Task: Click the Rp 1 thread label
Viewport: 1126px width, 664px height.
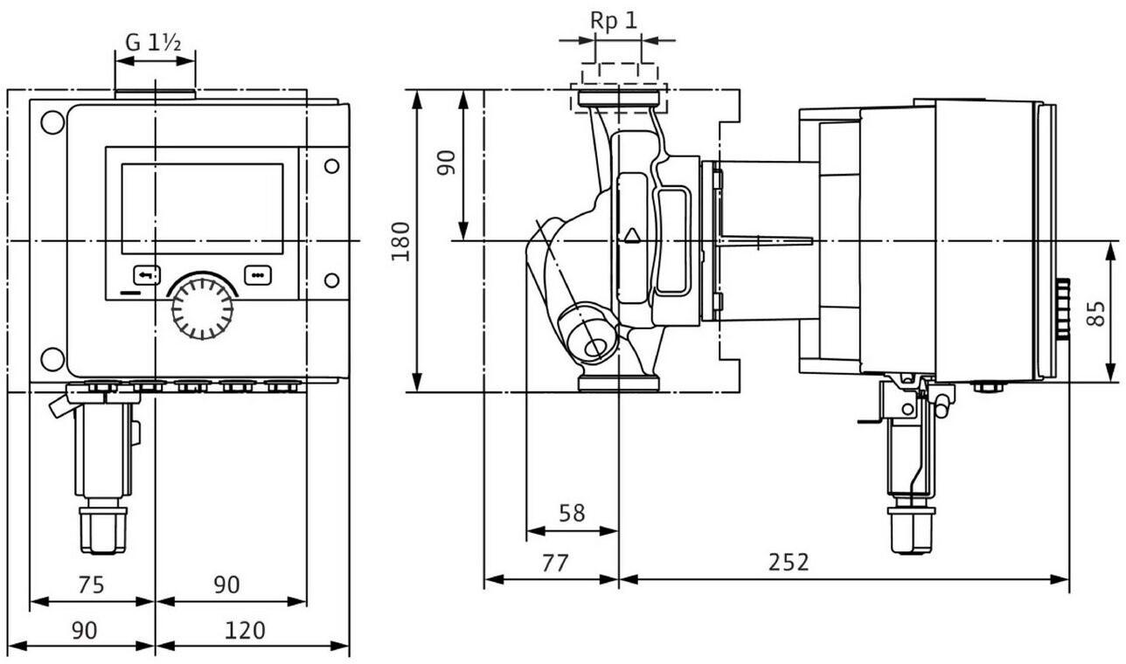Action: pyautogui.click(x=614, y=21)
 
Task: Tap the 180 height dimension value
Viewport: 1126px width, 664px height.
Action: pyautogui.click(x=401, y=240)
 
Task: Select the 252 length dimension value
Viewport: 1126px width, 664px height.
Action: pyautogui.click(x=789, y=562)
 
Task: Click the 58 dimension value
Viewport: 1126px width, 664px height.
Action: pyautogui.click(x=572, y=513)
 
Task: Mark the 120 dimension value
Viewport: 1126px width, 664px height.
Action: pyautogui.click(x=245, y=629)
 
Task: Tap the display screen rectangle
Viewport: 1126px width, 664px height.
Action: pyautogui.click(x=202, y=208)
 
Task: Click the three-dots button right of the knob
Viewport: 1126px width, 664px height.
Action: pyautogui.click(x=258, y=274)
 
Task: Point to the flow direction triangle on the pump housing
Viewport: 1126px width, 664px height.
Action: pyautogui.click(x=631, y=234)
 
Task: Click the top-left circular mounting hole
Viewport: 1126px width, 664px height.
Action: pyautogui.click(x=52, y=122)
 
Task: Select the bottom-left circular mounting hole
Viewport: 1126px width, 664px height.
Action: pyautogui.click(x=52, y=358)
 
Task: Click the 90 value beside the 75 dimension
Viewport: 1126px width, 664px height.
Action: pyautogui.click(x=226, y=584)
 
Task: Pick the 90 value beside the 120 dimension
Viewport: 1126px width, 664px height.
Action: pyautogui.click(x=84, y=629)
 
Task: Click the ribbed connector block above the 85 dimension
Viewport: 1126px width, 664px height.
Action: pyautogui.click(x=1063, y=309)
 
